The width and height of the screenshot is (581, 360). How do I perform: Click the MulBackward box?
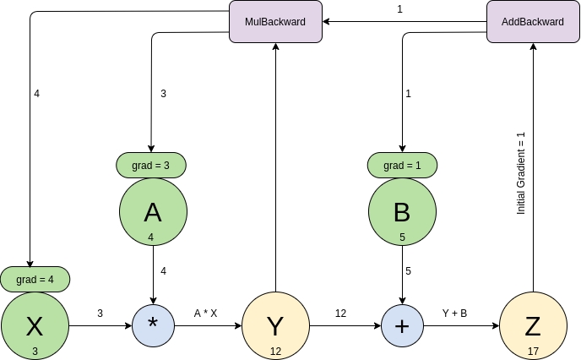click(275, 21)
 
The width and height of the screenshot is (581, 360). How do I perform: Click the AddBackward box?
click(533, 21)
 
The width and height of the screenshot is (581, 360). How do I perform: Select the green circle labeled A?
click(152, 212)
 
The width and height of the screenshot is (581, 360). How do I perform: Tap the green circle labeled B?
click(403, 212)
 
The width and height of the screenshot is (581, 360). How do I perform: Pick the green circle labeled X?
click(35, 325)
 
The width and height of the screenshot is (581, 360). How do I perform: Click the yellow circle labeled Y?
click(275, 325)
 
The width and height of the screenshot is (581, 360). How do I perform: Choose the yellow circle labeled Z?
click(533, 325)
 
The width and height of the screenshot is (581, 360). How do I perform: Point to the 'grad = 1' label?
click(403, 166)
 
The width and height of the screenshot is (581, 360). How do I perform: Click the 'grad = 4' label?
click(35, 278)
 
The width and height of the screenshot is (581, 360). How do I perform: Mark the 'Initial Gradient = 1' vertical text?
click(521, 172)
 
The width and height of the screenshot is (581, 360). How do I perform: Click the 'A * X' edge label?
click(205, 313)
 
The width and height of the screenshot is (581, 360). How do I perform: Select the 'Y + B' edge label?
click(454, 313)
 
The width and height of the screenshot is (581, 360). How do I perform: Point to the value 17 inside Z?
click(533, 350)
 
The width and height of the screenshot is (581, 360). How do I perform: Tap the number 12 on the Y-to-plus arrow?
click(340, 313)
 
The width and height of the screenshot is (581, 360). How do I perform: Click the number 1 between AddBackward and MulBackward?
click(399, 9)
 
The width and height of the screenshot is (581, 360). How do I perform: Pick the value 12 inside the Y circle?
click(275, 350)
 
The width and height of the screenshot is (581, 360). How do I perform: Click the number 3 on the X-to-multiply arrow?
click(100, 313)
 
